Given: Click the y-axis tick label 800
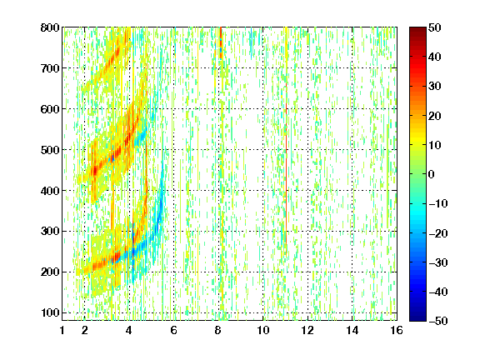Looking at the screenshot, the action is tap(50, 27).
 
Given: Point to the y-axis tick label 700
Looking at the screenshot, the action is tap(50, 68).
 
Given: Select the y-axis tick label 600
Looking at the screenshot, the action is tap(50, 109).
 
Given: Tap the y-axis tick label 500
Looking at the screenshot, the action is tap(50, 150).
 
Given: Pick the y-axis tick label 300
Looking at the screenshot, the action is tap(50, 232).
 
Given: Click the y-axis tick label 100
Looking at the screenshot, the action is tap(50, 312).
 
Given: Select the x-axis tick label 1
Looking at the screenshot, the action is tap(62, 330).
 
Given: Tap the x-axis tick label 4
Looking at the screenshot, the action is tap(129, 330).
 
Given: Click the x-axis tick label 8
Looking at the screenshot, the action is tap(218, 330).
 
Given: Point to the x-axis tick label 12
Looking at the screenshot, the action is tap(307, 330).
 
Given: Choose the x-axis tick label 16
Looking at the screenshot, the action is tap(397, 330).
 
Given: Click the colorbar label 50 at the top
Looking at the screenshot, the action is tap(435, 27).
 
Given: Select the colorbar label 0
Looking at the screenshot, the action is tap(432, 174).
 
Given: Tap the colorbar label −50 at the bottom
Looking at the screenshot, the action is tap(438, 321).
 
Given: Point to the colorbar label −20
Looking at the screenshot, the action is tap(438, 233).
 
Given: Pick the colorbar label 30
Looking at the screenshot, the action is tap(435, 87).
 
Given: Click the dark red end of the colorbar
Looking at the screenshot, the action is tap(417, 30).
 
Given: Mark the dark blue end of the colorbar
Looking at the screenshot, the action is tap(417, 318).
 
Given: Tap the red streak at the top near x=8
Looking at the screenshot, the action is tap(221, 42).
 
